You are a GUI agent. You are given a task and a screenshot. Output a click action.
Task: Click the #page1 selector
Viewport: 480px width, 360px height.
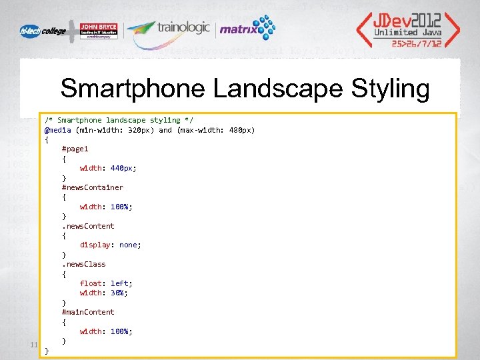point(75,149)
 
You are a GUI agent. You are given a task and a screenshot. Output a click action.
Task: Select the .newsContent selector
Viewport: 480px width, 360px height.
point(88,226)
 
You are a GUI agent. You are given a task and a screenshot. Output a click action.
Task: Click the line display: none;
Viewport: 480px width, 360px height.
point(110,245)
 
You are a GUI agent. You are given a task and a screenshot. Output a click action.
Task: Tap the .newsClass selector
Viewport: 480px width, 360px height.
point(83,264)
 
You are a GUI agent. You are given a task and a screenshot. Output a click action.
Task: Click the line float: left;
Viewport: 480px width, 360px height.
point(106,283)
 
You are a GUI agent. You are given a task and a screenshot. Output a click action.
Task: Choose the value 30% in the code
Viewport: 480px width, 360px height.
point(119,293)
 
